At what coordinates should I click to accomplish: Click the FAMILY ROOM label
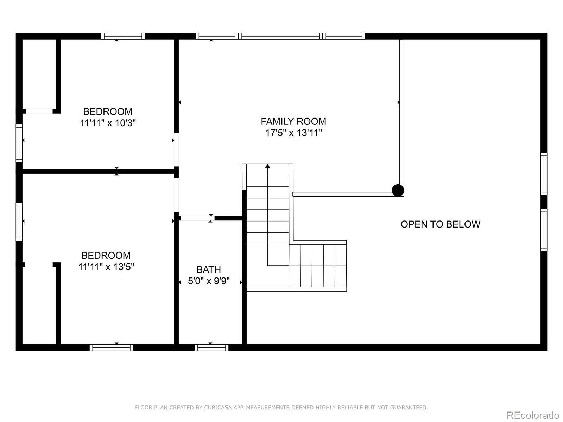tap(293, 121)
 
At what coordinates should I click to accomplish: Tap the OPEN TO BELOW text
tap(440, 224)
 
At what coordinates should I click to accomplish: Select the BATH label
tap(209, 269)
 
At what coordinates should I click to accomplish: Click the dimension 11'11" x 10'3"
tap(108, 123)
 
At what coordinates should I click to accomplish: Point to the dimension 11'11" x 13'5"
tap(106, 267)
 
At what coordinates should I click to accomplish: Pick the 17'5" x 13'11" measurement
tap(293, 133)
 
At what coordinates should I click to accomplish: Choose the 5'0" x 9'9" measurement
tap(209, 281)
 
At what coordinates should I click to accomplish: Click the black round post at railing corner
tap(398, 190)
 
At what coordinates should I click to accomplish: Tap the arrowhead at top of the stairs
tap(268, 166)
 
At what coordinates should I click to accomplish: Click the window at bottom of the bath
tap(211, 347)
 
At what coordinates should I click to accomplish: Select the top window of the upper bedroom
tap(123, 36)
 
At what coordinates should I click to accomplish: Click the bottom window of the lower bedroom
tap(111, 347)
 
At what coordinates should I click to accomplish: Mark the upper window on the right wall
tap(544, 174)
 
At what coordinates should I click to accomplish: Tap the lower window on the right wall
tap(544, 230)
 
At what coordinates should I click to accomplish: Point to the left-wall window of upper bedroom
tap(19, 143)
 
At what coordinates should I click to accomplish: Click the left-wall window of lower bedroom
tap(19, 222)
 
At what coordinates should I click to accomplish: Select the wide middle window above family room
tap(280, 36)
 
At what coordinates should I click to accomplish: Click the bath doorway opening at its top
tap(195, 218)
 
